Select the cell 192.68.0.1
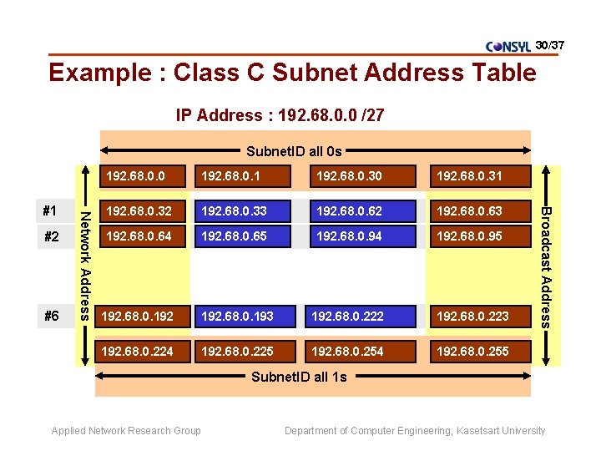pyautogui.click(x=242, y=176)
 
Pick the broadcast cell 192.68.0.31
pyautogui.click(x=478, y=176)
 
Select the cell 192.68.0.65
pyautogui.click(x=242, y=236)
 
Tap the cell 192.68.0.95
pyautogui.click(x=478, y=236)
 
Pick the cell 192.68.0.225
pyautogui.click(x=242, y=352)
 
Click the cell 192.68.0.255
pyautogui.click(x=478, y=352)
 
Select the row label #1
pyautogui.click(x=52, y=211)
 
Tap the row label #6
pyautogui.click(x=52, y=317)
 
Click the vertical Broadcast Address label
pyautogui.click(x=545, y=265)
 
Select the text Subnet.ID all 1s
pyautogui.click(x=299, y=377)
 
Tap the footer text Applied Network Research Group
pyautogui.click(x=126, y=431)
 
